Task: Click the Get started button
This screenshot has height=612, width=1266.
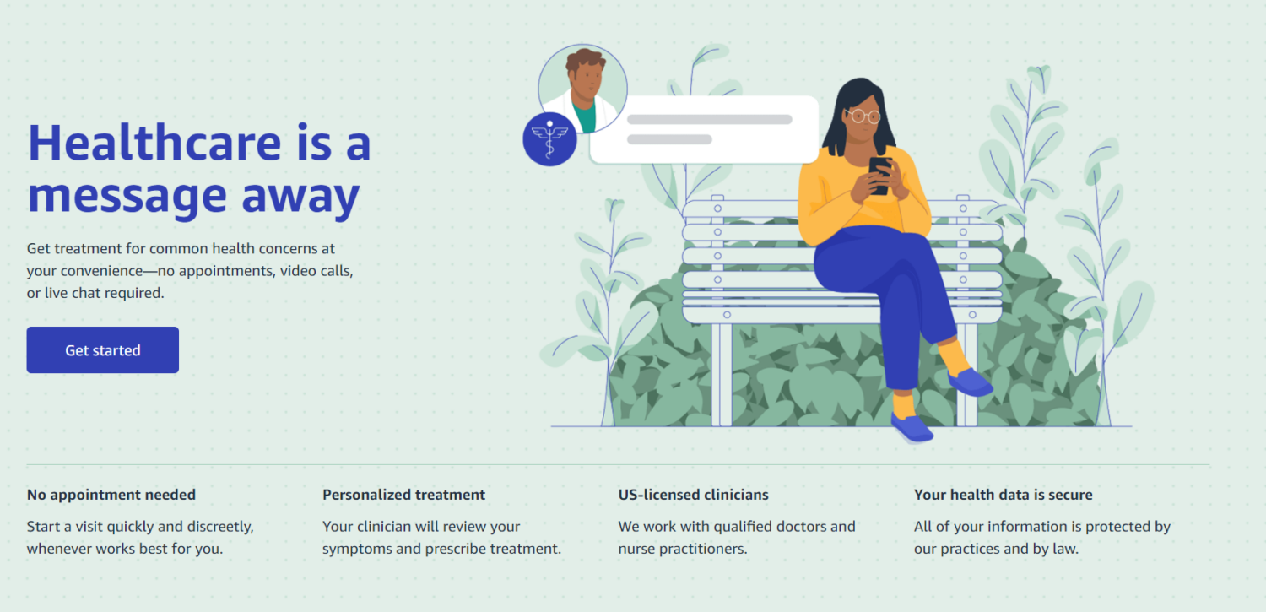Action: pyautogui.click(x=103, y=349)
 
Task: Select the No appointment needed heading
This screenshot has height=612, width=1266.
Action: pyautogui.click(x=111, y=495)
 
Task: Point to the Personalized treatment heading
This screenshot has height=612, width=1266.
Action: pyautogui.click(x=403, y=495)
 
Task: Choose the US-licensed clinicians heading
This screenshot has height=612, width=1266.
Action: pyautogui.click(x=694, y=495)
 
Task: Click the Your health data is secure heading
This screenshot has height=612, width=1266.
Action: pyautogui.click(x=1004, y=495)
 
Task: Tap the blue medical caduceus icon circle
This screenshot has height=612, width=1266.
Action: pyautogui.click(x=549, y=139)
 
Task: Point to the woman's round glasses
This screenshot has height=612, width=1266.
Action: pyautogui.click(x=864, y=116)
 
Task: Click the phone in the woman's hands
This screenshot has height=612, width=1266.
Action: pyautogui.click(x=880, y=176)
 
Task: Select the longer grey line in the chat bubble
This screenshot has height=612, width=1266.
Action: pyautogui.click(x=709, y=119)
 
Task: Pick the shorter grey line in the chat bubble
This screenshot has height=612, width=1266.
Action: pyautogui.click(x=669, y=139)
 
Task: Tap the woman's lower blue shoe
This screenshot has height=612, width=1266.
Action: pyautogui.click(x=912, y=428)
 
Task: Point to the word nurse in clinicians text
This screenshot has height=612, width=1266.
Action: pyautogui.click(x=636, y=549)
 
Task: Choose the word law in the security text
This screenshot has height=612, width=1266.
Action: pyautogui.click(x=1065, y=549)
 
